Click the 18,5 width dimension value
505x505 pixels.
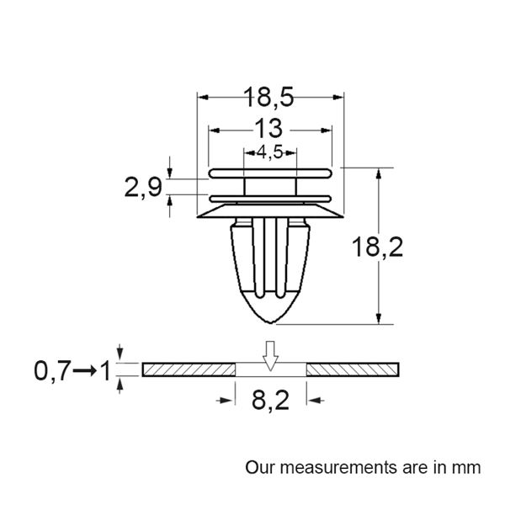point(269,98)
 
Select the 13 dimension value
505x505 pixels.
point(269,129)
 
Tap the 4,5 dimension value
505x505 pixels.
point(269,152)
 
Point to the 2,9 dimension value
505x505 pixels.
point(144,187)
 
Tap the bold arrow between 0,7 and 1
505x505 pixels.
point(83,369)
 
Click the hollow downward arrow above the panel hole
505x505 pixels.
point(269,356)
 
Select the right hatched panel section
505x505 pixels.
point(353,369)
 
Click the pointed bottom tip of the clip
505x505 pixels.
point(269,323)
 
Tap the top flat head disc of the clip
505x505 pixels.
point(269,172)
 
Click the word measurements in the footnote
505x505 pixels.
point(336,465)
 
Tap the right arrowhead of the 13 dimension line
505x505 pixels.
point(327,130)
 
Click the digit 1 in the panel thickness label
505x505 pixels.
point(105,369)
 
